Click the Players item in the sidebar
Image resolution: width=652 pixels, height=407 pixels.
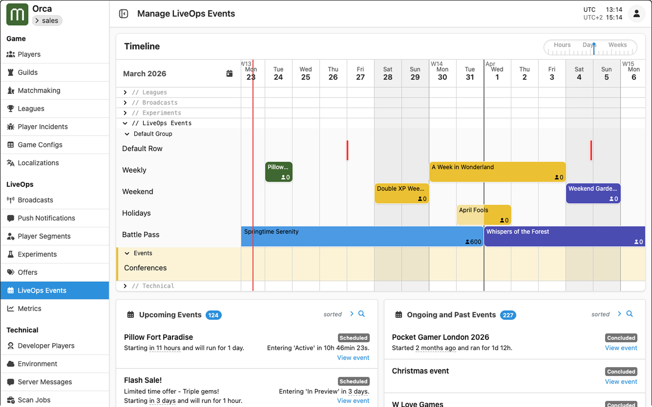(x=29, y=54)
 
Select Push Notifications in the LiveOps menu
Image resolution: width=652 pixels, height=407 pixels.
(x=46, y=218)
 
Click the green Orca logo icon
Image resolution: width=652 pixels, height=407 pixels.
(x=17, y=15)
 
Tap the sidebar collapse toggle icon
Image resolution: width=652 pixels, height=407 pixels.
(x=123, y=14)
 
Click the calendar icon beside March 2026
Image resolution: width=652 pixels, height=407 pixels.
(x=229, y=73)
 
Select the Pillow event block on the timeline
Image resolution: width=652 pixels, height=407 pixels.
(x=278, y=172)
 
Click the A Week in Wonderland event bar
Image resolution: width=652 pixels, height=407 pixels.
(x=497, y=172)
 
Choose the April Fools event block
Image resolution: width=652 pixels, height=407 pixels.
(x=484, y=215)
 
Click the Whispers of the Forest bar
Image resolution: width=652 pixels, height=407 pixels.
(x=564, y=236)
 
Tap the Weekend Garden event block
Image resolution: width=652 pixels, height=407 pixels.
(x=593, y=193)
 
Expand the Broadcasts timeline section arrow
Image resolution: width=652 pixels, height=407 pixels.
(x=125, y=103)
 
